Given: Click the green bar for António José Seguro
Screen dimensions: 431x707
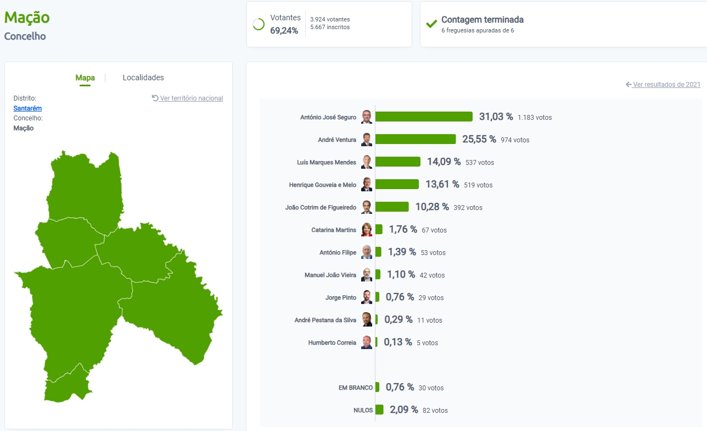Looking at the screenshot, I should pyautogui.click(x=424, y=117).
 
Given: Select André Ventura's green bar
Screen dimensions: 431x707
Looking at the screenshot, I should pyautogui.click(x=416, y=139).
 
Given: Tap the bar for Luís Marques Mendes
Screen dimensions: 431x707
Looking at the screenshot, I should pyautogui.click(x=398, y=162).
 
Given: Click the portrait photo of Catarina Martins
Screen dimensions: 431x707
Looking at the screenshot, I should pyautogui.click(x=367, y=230).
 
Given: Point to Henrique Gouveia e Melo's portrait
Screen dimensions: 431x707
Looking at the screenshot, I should pyautogui.click(x=367, y=185).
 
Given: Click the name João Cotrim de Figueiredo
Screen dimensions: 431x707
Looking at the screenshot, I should pyautogui.click(x=321, y=207).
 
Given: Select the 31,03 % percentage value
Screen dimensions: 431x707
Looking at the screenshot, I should pyautogui.click(x=496, y=117).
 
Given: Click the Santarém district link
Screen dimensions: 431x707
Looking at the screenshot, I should pyautogui.click(x=27, y=108).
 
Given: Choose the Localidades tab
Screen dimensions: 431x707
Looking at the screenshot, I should pyautogui.click(x=143, y=78).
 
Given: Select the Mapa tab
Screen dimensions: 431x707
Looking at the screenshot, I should pyautogui.click(x=85, y=78).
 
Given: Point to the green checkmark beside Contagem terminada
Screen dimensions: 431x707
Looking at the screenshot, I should pyautogui.click(x=431, y=24).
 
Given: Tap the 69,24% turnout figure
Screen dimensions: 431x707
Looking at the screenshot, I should pyautogui.click(x=284, y=30).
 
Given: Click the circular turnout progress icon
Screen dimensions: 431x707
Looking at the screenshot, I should pyautogui.click(x=259, y=24).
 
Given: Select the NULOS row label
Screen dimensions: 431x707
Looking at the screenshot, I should pyautogui.click(x=363, y=410).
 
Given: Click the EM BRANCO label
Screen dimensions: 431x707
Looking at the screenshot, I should pyautogui.click(x=356, y=388).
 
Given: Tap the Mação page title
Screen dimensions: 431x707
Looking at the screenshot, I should pyautogui.click(x=27, y=18).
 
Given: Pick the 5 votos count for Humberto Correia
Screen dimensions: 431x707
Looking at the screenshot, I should pyautogui.click(x=427, y=343).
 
